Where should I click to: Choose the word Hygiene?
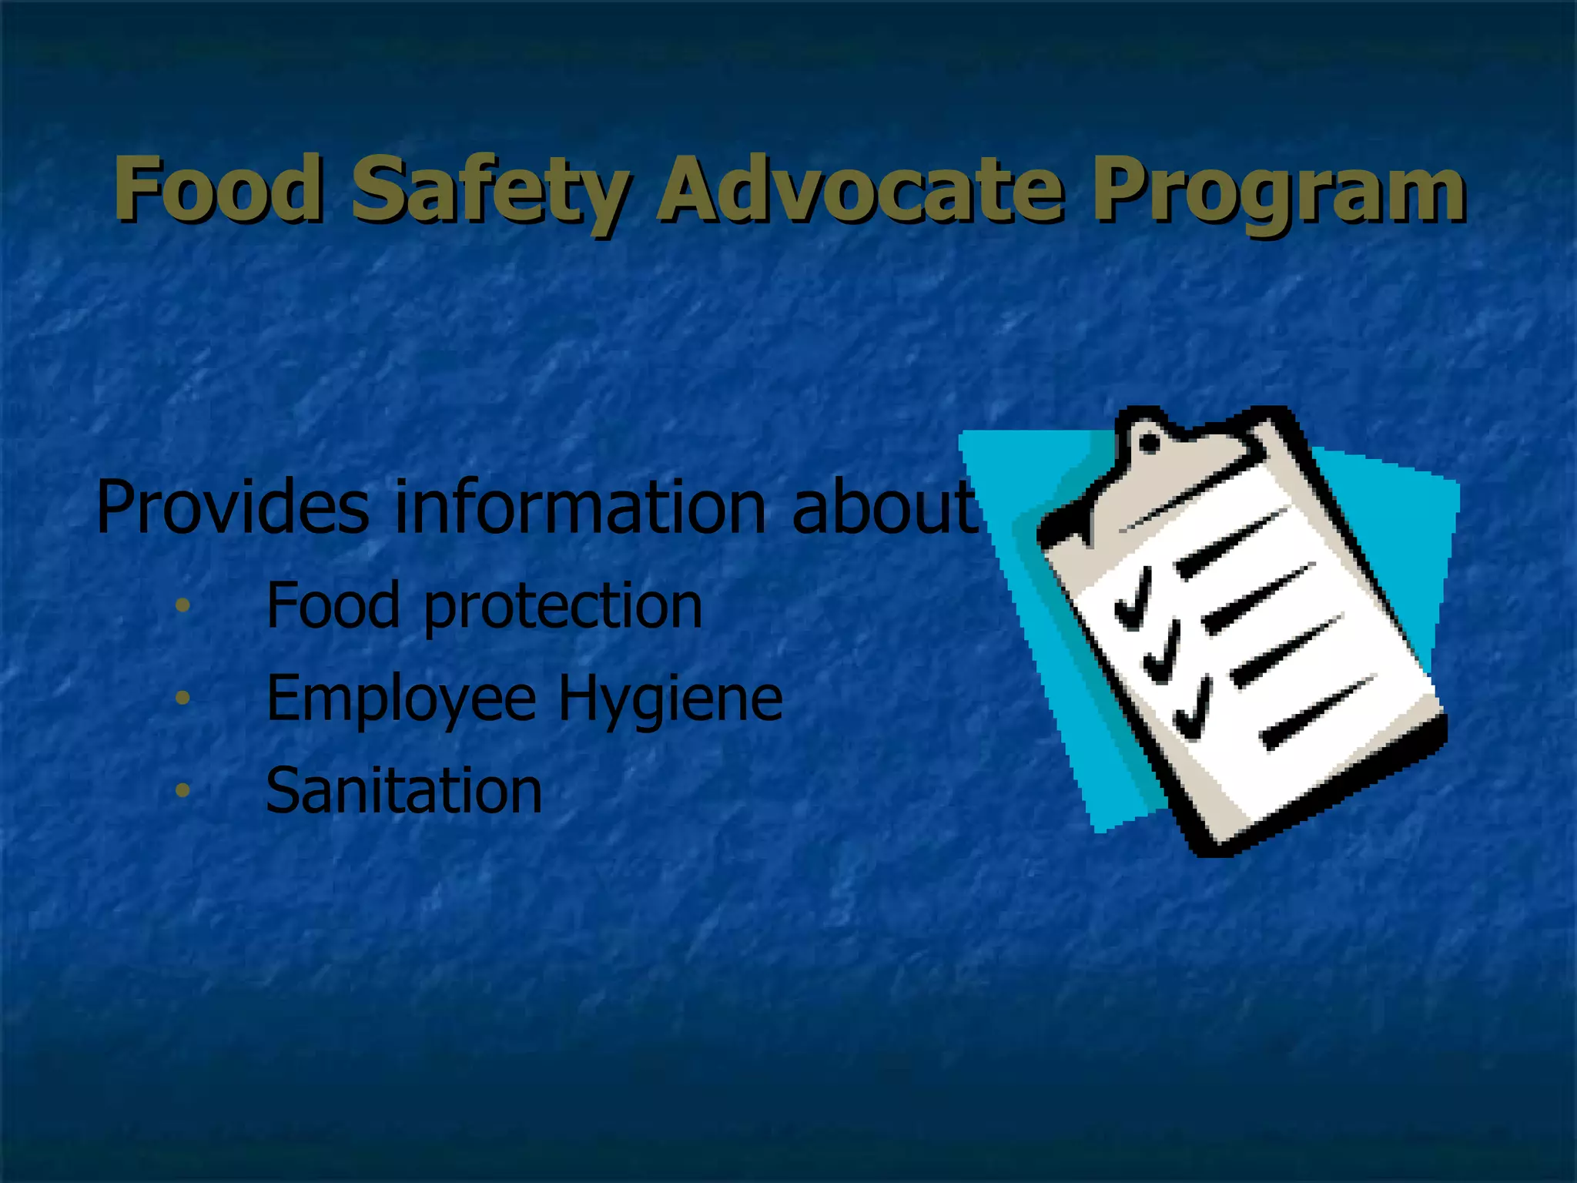(x=670, y=699)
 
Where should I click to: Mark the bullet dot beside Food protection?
(x=182, y=605)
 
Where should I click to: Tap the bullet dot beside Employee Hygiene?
(x=182, y=698)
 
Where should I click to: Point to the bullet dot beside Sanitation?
(x=182, y=789)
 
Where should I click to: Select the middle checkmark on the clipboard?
(x=1163, y=654)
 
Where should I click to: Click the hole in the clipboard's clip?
(x=1149, y=444)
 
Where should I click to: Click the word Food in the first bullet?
(x=333, y=605)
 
